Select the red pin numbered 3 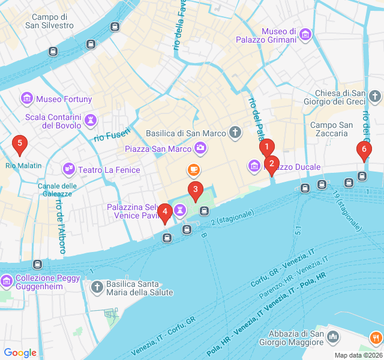[x=195, y=190]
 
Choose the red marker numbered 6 [x=363, y=150]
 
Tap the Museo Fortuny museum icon [x=27, y=98]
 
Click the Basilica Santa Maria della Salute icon [x=97, y=288]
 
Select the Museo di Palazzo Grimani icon [x=305, y=35]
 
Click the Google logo [x=20, y=353]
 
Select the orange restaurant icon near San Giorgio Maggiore [x=376, y=338]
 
